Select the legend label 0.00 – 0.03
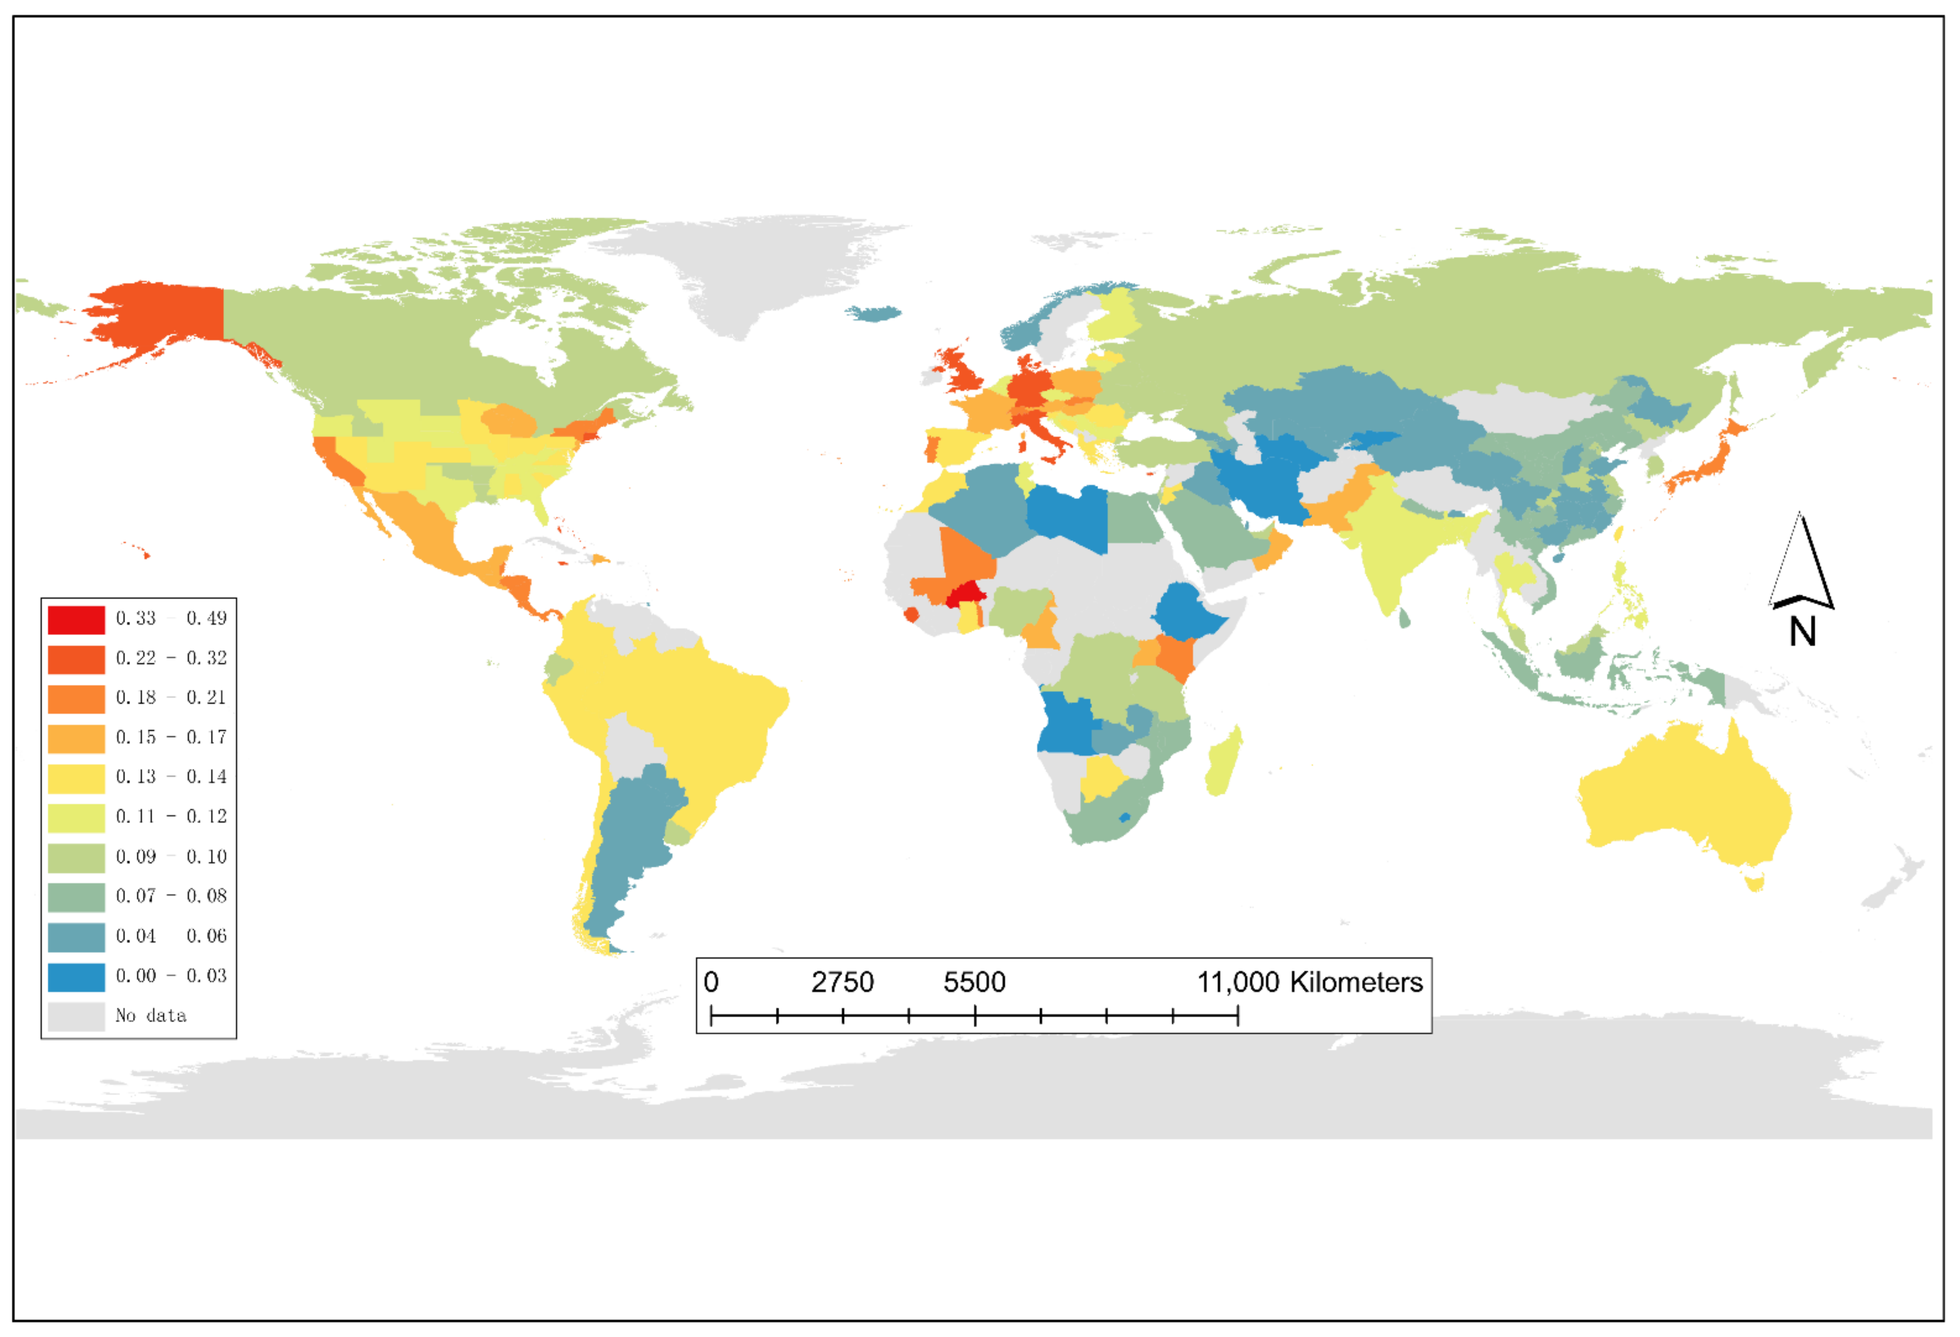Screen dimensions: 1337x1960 171,976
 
